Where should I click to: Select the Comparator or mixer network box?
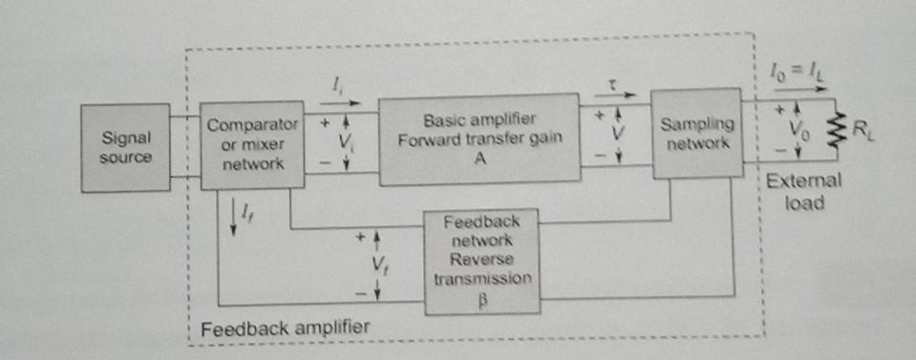pos(252,145)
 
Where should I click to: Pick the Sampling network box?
pos(697,133)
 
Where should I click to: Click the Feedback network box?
pos(481,262)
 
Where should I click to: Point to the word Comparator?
pos(252,125)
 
